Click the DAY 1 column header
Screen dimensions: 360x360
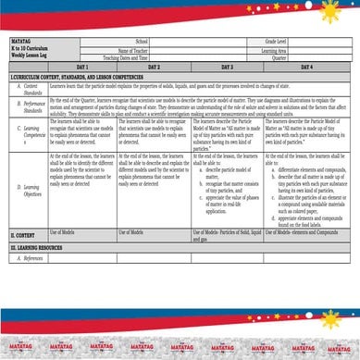tap(82, 68)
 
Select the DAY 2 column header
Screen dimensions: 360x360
tap(154, 68)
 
